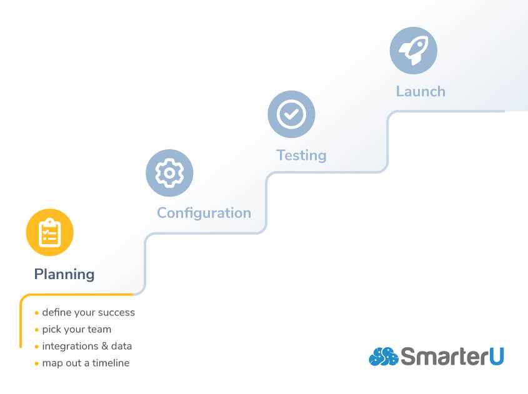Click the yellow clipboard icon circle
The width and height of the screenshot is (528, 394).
(49, 232)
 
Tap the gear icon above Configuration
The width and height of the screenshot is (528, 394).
(169, 173)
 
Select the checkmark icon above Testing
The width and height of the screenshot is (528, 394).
(291, 114)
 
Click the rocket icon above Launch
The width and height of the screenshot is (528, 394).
(413, 51)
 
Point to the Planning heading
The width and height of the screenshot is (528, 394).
(64, 274)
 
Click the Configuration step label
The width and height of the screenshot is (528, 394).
(204, 213)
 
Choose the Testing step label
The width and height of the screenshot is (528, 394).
(301, 155)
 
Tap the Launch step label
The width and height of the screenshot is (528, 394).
(421, 91)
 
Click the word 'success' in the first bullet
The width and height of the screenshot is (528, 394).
(116, 312)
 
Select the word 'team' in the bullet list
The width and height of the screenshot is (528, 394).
(99, 329)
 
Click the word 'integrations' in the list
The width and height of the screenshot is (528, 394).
(70, 346)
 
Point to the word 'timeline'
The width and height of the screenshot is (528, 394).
(109, 363)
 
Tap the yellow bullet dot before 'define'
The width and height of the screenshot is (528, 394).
(37, 313)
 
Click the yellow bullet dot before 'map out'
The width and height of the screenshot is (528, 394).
(37, 363)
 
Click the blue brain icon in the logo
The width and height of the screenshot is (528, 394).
(383, 357)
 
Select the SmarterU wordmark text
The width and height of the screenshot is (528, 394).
(452, 357)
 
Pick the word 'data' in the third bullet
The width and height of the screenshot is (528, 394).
(121, 346)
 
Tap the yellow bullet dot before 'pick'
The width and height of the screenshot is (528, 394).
(37, 330)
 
